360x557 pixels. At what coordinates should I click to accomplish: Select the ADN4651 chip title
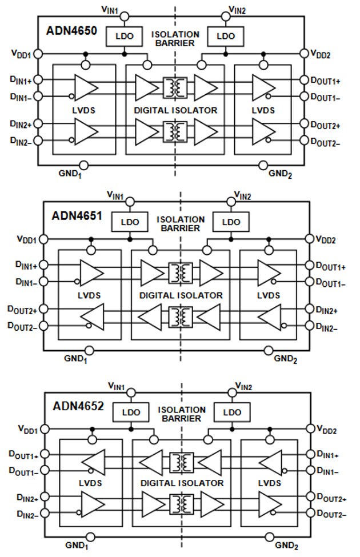pyautogui.click(x=78, y=216)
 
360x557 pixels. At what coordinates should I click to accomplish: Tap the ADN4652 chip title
pyautogui.click(x=78, y=406)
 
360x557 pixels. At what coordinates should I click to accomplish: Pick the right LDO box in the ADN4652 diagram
pyautogui.click(x=232, y=412)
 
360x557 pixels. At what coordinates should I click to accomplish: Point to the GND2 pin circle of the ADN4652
pyautogui.click(x=270, y=538)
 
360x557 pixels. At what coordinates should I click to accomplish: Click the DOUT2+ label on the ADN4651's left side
pyautogui.click(x=22, y=310)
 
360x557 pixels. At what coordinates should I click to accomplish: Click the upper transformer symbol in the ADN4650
pyautogui.click(x=175, y=87)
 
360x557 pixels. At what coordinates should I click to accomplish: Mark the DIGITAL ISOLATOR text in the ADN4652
pyautogui.click(x=182, y=483)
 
